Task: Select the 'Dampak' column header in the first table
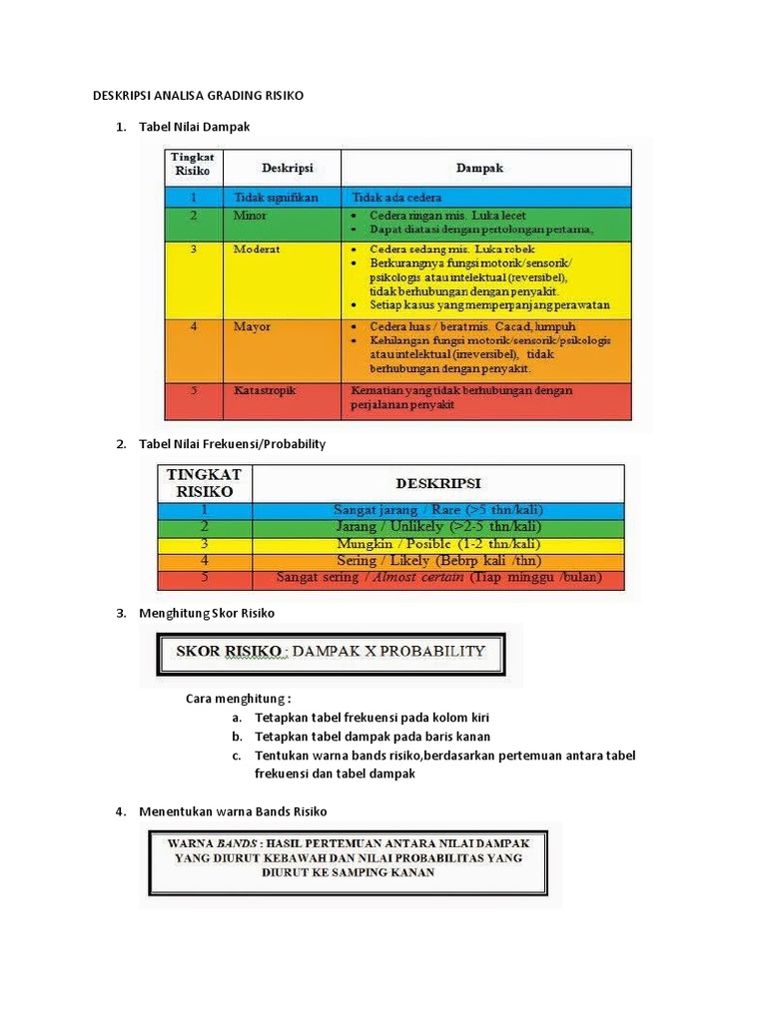pyautogui.click(x=482, y=168)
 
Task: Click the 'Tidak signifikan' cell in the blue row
pyautogui.click(x=276, y=198)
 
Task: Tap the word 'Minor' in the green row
pyautogui.click(x=250, y=215)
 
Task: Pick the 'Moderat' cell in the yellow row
pyautogui.click(x=256, y=248)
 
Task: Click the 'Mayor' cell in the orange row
pyautogui.click(x=252, y=326)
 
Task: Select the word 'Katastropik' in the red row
pyautogui.click(x=266, y=390)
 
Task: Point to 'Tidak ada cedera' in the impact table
pyautogui.click(x=395, y=198)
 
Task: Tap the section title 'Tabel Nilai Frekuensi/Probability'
pyautogui.click(x=232, y=443)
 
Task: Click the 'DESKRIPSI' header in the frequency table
pyautogui.click(x=438, y=483)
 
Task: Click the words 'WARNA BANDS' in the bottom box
pyautogui.click(x=205, y=841)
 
